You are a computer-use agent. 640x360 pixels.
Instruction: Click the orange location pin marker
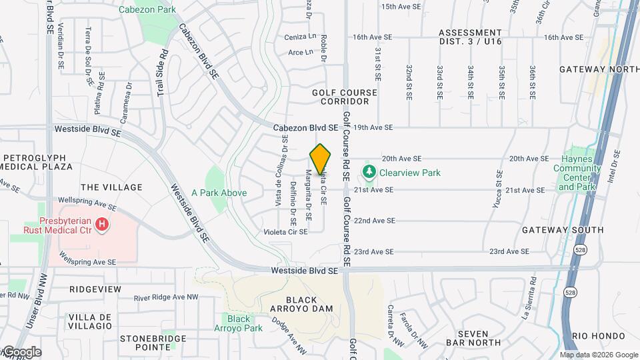point(321,159)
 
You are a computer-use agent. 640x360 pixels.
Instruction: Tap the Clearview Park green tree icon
point(369,172)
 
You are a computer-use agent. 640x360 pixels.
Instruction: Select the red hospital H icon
point(101,225)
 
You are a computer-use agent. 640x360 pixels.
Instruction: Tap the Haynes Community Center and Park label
point(577,168)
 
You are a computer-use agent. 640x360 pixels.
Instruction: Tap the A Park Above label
point(219,193)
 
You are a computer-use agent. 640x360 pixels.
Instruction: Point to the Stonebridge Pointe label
point(144,343)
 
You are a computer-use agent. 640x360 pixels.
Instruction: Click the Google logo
point(21,351)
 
